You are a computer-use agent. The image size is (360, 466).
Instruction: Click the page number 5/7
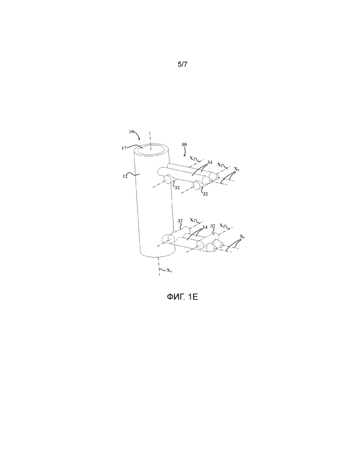182,64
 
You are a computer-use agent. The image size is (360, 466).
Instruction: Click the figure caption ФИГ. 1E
182,297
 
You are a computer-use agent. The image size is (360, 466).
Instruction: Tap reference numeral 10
132,132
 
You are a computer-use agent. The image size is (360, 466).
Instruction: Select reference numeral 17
124,148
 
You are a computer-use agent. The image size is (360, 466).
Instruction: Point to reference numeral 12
125,176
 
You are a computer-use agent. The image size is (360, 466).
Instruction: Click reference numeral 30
184,145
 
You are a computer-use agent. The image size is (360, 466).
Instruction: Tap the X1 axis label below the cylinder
169,271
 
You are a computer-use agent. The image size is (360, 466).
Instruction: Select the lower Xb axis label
242,237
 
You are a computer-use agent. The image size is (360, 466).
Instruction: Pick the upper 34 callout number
210,162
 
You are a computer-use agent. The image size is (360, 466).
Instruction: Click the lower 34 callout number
205,227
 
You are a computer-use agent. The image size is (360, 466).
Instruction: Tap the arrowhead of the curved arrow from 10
139,139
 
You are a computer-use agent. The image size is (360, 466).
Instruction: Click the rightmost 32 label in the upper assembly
205,194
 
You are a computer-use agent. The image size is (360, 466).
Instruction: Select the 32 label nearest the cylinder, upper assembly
177,188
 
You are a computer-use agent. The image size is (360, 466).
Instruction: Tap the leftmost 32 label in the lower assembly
180,221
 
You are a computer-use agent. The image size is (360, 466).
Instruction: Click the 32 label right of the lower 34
213,226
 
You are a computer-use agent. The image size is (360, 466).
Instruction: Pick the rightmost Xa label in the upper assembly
220,164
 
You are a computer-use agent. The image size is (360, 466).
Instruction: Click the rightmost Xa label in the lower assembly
222,225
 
